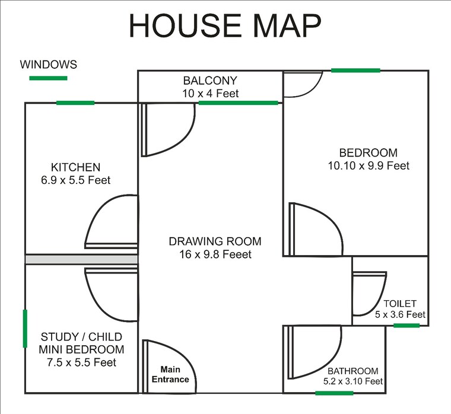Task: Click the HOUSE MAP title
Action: tap(225, 26)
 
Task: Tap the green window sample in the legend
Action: tap(49, 78)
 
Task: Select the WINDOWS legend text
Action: tap(49, 64)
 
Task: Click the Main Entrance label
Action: tap(171, 375)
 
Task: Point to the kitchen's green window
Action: tap(75, 103)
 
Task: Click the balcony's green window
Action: tap(238, 103)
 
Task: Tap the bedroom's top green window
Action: tap(355, 71)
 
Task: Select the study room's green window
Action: tap(25, 328)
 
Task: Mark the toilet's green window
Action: tap(406, 326)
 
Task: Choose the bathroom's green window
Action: tap(334, 393)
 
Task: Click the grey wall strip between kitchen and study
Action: tap(81, 260)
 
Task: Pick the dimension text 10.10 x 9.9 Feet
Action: tap(369, 166)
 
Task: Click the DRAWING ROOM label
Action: tap(215, 241)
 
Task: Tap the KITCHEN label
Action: tap(75, 167)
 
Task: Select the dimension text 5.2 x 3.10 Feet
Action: tap(353, 381)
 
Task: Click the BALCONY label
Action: tap(210, 81)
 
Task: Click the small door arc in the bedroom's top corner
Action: tap(301, 83)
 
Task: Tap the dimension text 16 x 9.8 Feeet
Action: tap(215, 254)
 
